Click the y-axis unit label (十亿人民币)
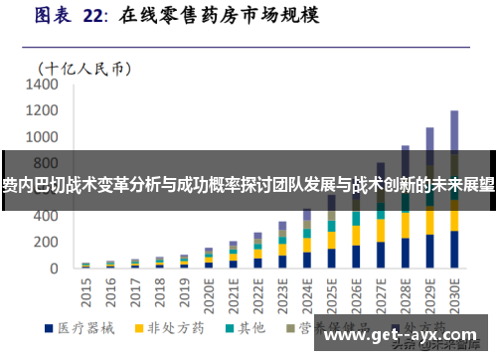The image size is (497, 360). pos(84,68)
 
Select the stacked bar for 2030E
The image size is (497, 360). pos(454,199)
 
